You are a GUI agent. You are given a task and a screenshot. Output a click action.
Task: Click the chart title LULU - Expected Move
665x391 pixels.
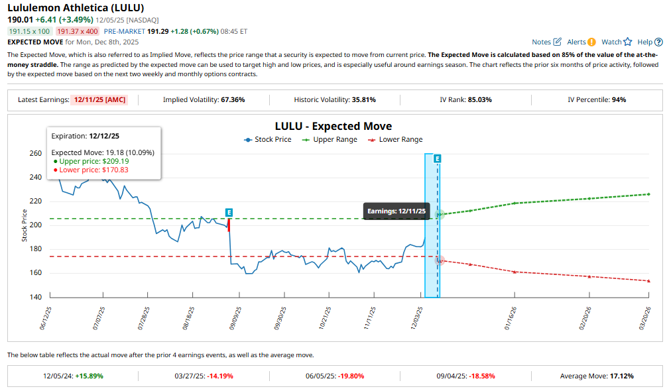point(333,126)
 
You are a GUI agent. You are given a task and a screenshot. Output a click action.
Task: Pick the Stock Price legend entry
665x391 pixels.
point(268,140)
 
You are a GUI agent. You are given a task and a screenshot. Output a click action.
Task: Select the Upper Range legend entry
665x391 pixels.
point(330,140)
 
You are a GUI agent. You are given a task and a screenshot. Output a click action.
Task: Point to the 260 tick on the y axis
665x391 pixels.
point(35,153)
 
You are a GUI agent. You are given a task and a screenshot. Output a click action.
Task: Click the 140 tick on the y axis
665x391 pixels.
point(35,297)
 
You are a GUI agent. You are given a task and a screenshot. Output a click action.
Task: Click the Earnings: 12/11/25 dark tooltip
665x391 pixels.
point(396,211)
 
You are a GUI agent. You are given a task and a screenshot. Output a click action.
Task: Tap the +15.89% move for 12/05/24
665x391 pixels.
point(89,376)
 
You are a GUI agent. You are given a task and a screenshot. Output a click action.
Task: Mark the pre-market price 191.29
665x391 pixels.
point(157,31)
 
